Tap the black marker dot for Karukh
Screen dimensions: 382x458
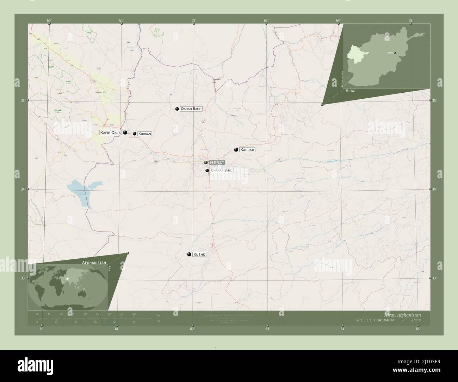coord(236,150)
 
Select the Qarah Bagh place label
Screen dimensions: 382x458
coord(191,109)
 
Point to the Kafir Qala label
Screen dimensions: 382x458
coord(110,133)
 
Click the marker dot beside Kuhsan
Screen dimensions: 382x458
coord(135,134)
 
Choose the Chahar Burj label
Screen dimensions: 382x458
coord(222,171)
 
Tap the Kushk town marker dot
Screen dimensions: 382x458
coord(189,254)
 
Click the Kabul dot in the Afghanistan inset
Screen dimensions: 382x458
coord(395,53)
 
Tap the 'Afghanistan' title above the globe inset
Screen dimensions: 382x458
coord(94,263)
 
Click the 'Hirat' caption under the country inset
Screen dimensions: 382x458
coord(351,91)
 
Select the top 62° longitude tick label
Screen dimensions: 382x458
coord(193,20)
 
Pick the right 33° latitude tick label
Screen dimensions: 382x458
coord(434,278)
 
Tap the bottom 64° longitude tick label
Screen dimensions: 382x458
coord(342,329)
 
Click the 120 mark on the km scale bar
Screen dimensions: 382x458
coord(133,314)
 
